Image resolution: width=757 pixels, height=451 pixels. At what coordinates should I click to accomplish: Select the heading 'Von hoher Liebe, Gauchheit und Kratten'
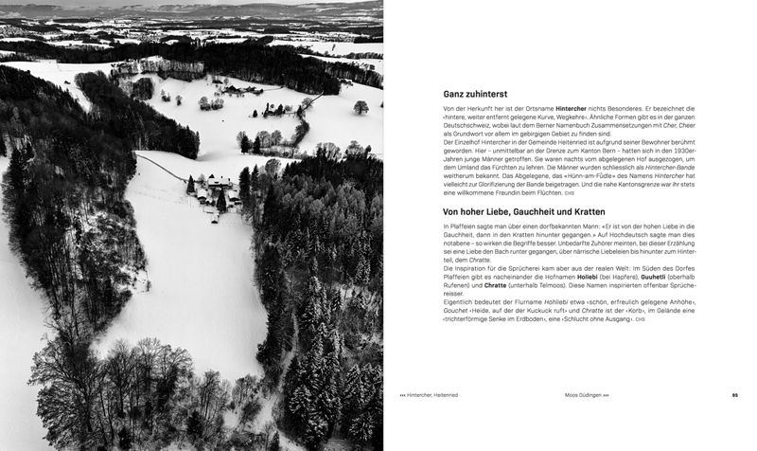pyautogui.click(x=523, y=211)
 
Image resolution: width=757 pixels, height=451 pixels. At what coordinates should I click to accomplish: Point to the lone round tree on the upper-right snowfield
pyautogui.click(x=361, y=107)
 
